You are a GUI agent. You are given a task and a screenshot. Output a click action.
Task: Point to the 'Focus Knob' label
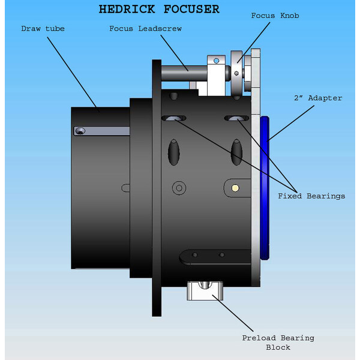pyautogui.click(x=274, y=15)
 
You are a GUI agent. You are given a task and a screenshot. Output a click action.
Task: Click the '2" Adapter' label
pyautogui.click(x=319, y=98)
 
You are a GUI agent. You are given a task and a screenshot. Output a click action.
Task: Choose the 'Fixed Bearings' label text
pyautogui.click(x=311, y=196)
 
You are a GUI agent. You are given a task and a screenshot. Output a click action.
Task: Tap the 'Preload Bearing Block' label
pyautogui.click(x=278, y=342)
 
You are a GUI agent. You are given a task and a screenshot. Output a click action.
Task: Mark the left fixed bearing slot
pyautogui.click(x=173, y=118)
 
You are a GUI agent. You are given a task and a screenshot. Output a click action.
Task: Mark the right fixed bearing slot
pyautogui.click(x=236, y=118)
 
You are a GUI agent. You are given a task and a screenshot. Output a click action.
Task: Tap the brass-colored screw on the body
pyautogui.click(x=236, y=188)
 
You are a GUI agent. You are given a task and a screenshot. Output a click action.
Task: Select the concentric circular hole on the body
pyautogui.click(x=178, y=188)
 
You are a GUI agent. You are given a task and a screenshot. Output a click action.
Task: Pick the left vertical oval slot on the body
pyautogui.click(x=174, y=151)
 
